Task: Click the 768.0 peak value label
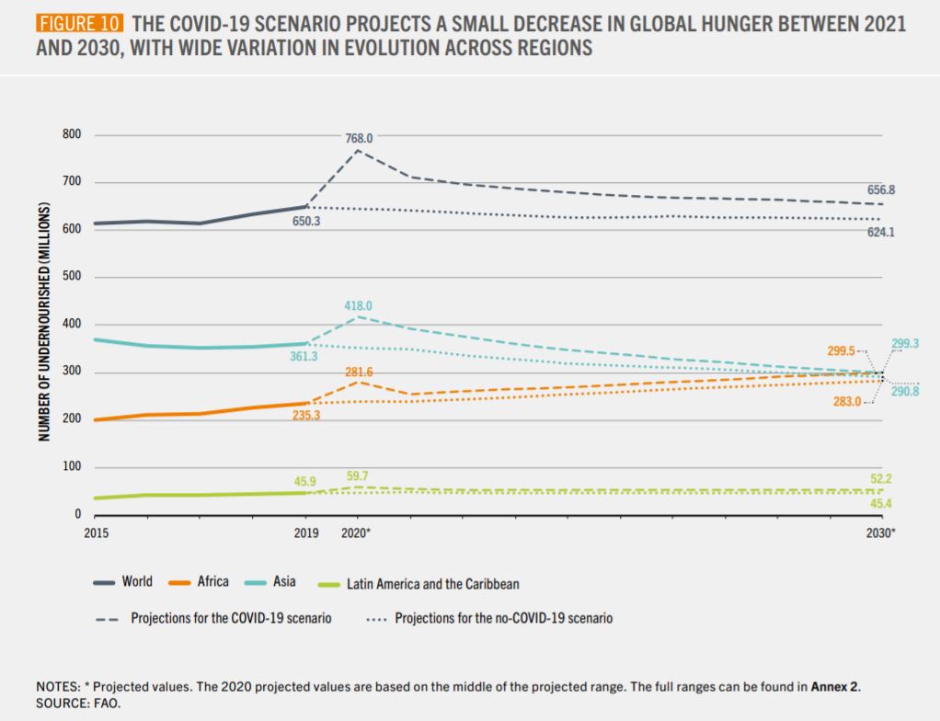tap(359, 138)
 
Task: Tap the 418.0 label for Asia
tap(359, 305)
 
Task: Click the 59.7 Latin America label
tap(359, 476)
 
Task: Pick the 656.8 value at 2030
tap(881, 189)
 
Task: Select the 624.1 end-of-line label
tap(881, 233)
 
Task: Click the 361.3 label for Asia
tap(304, 356)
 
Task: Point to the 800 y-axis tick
tap(73, 134)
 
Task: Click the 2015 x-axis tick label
tap(95, 532)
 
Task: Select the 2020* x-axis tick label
tap(356, 532)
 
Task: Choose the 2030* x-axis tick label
tap(881, 532)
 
